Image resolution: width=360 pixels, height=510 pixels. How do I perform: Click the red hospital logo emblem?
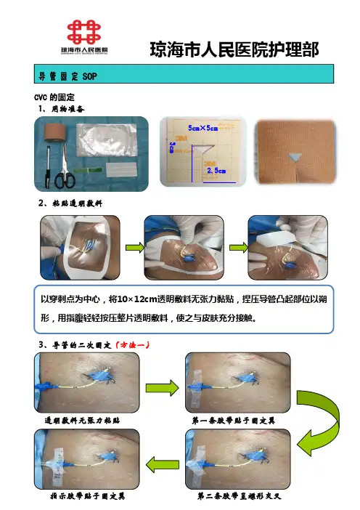(83, 31)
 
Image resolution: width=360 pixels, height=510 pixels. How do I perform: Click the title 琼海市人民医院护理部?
(234, 49)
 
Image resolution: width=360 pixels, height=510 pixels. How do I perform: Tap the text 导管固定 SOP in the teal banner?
(68, 76)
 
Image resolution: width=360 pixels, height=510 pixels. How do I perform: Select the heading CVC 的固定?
(54, 97)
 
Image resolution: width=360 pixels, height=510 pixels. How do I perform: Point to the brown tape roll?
(55, 131)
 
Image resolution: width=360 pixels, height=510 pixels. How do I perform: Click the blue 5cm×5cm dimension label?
(202, 128)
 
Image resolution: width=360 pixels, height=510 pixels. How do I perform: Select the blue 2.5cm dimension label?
(216, 171)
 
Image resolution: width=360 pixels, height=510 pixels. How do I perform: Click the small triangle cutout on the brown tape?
(295, 157)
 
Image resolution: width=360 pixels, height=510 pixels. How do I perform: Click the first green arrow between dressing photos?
(135, 248)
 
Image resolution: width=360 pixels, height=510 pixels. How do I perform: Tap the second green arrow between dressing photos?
(239, 248)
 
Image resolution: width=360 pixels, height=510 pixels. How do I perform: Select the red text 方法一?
(133, 345)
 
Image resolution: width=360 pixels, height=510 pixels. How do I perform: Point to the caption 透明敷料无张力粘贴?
(82, 421)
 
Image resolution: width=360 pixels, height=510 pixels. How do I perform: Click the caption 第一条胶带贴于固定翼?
(233, 421)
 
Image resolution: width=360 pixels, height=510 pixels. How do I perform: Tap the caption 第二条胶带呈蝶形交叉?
(239, 496)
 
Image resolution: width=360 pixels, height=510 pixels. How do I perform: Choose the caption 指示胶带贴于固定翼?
(88, 496)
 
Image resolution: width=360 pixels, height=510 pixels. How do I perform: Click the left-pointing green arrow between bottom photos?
(163, 464)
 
